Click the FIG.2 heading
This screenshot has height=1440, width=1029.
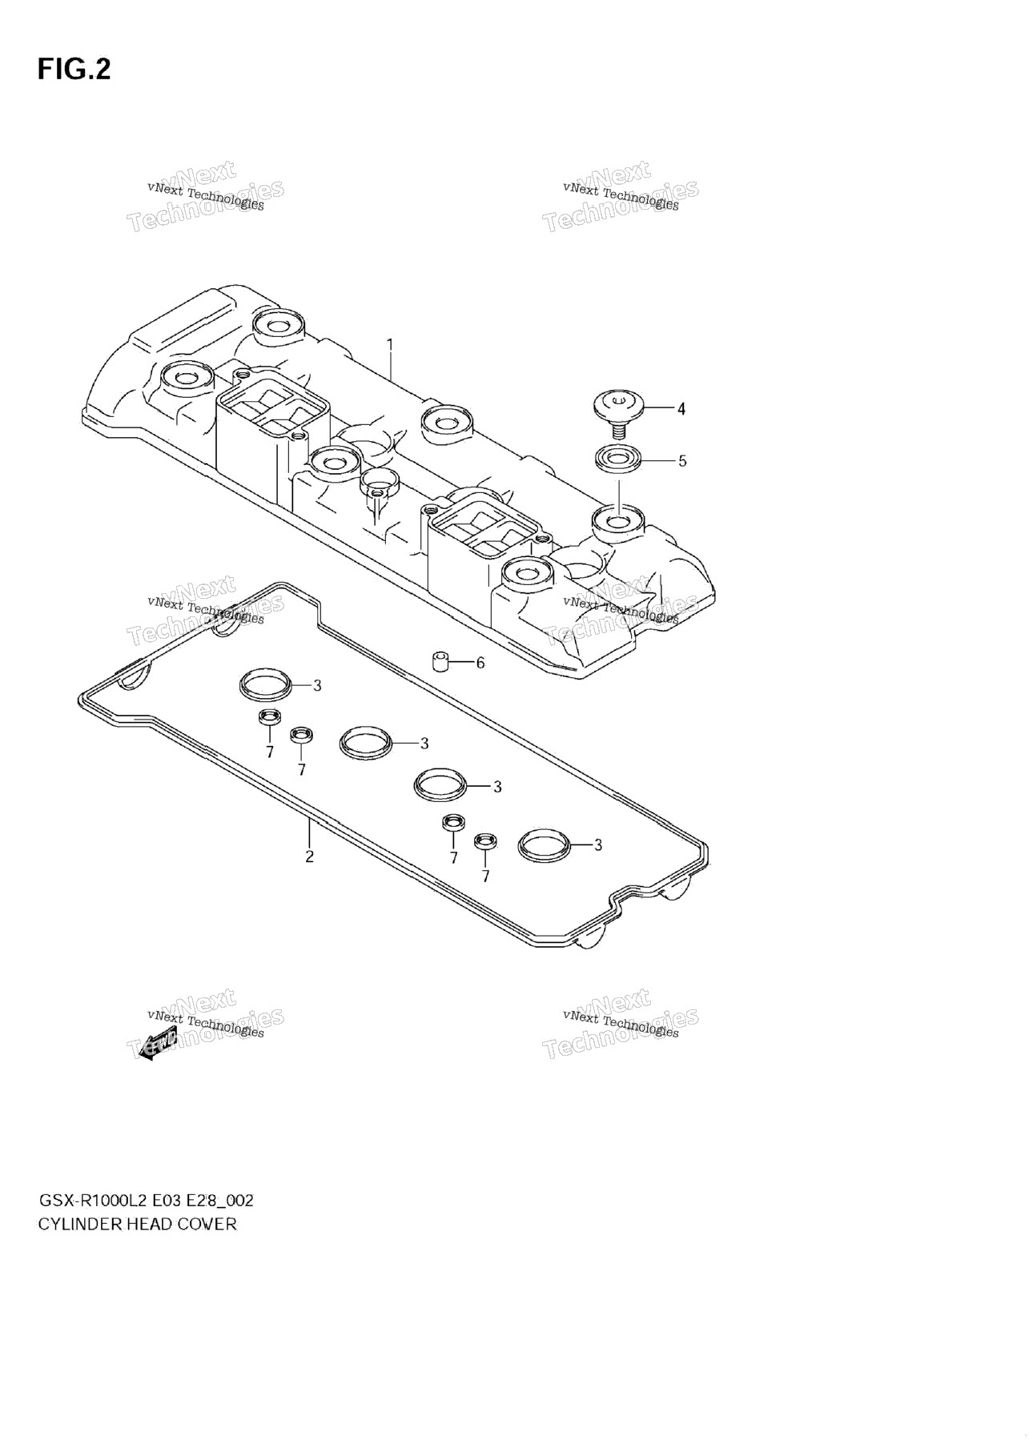(x=74, y=70)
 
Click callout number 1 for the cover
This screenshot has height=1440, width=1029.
(x=390, y=345)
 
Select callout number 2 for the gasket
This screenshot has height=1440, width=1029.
(x=309, y=856)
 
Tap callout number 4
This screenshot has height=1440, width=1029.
(x=681, y=409)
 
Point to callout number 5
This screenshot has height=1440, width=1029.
(x=682, y=461)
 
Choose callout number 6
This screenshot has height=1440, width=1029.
(x=480, y=663)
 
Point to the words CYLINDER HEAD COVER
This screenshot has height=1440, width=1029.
(x=138, y=1224)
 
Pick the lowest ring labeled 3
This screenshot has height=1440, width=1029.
(x=544, y=845)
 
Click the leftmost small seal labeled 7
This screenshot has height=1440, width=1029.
(x=270, y=718)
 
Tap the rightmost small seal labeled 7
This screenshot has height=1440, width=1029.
(x=484, y=841)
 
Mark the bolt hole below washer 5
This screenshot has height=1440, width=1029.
(x=619, y=522)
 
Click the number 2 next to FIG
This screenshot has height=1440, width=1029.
(x=102, y=70)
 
